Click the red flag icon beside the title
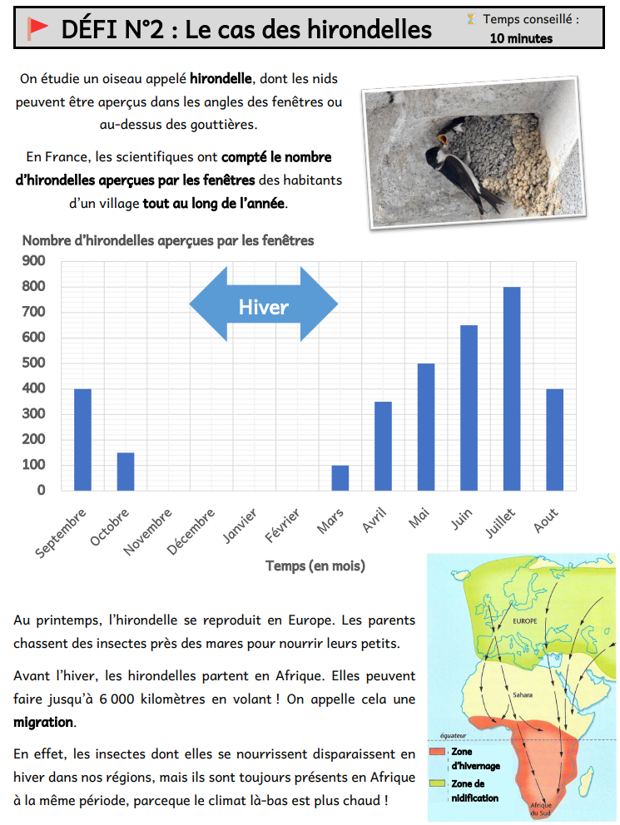click(37, 29)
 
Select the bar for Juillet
click(511, 388)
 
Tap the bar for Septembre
click(82, 439)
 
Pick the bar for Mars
click(340, 477)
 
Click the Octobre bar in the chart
click(126, 471)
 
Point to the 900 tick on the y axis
click(34, 260)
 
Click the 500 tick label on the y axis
click(34, 363)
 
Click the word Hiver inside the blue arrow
click(263, 307)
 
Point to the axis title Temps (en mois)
click(315, 566)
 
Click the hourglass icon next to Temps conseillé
click(472, 18)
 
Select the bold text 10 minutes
click(521, 37)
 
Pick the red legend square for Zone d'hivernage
click(436, 752)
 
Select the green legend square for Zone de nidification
click(436, 783)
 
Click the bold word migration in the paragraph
click(43, 722)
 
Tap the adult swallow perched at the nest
click(458, 170)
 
